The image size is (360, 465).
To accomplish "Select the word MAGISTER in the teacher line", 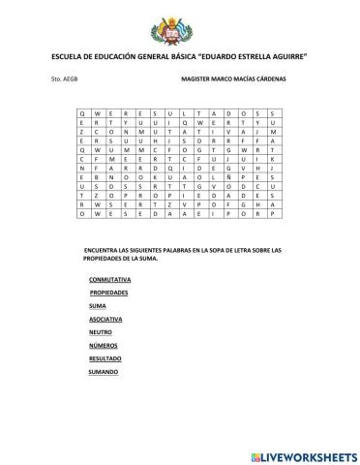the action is (198, 78).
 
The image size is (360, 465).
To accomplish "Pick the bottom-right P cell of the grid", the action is (274, 215).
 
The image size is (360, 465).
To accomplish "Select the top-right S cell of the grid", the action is (274, 113).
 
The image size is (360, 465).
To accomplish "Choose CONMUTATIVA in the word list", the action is (108, 279).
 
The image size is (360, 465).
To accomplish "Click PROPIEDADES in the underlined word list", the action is (109, 291).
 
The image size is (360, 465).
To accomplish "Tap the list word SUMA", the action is (97, 304).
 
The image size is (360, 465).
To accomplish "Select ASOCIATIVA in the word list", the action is (105, 318).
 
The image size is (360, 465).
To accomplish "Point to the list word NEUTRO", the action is (100, 331).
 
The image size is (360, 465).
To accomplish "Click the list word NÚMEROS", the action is (102, 345).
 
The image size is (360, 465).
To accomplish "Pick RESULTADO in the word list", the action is (105, 358).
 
